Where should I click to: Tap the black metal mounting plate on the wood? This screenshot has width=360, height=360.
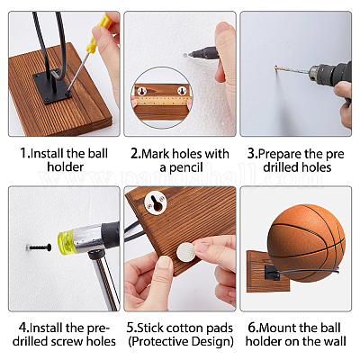(52, 86)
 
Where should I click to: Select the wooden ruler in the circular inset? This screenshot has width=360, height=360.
(162, 101)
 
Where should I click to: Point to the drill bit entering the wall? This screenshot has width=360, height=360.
(292, 70)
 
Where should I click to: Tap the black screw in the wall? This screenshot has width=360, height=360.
(39, 247)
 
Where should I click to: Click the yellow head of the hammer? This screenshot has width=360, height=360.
(65, 242)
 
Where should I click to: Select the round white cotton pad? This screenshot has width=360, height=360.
(187, 252)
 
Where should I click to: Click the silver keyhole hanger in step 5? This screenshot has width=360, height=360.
(155, 202)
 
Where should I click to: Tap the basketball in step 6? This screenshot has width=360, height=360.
(306, 243)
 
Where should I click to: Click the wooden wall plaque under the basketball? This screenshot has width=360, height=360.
(267, 272)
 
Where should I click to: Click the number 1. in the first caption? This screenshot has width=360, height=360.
(25, 153)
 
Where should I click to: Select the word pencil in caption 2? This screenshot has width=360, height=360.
(186, 167)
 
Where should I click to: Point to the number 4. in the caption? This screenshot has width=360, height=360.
(24, 328)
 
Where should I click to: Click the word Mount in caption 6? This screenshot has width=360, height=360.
(277, 328)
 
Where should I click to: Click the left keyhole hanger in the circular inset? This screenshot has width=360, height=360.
(142, 90)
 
